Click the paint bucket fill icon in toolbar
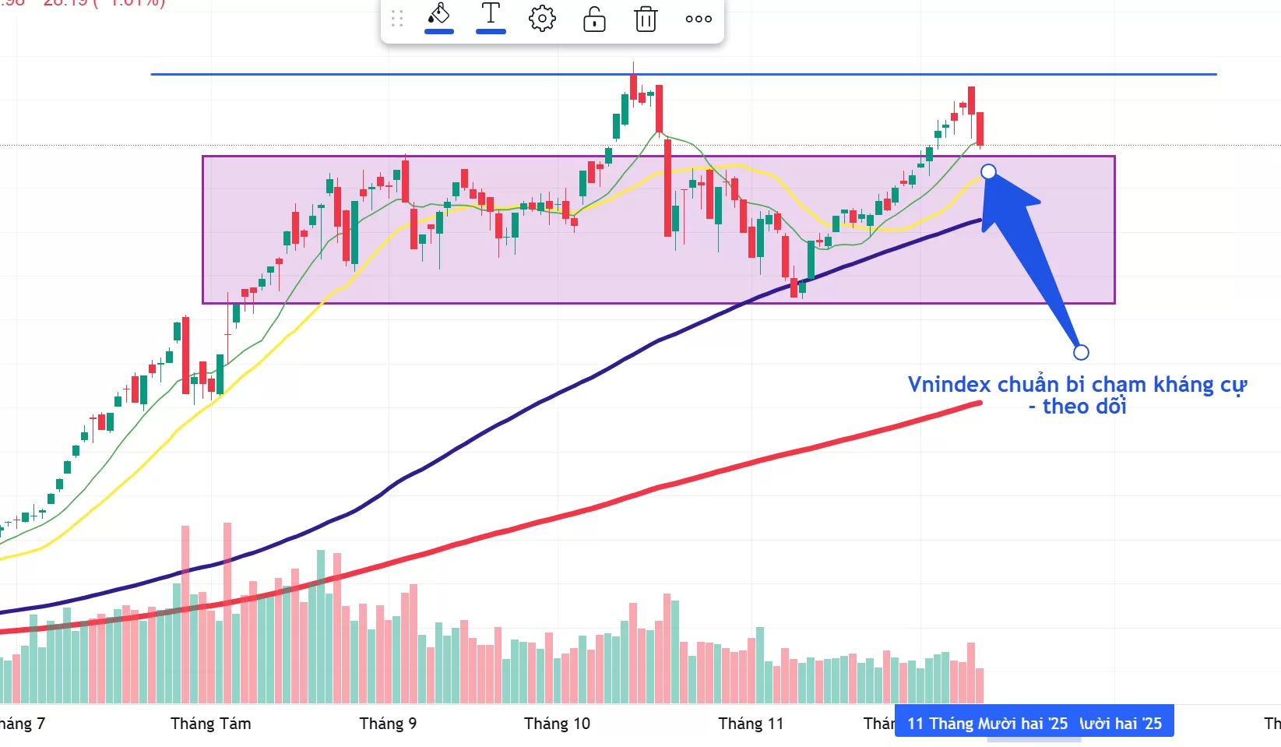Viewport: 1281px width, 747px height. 439,16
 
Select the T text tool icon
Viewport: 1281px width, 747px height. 491,15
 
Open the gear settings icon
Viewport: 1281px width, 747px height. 542,19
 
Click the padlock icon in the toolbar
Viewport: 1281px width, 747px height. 594,19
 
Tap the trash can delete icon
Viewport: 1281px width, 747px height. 646,19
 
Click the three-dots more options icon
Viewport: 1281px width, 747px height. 699,19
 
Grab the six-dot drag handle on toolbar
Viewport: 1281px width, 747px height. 397,19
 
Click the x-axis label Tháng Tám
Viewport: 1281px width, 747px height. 210,724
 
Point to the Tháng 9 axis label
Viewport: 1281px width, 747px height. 388,724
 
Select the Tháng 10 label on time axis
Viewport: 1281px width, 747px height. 557,724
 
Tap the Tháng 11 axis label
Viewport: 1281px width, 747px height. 751,724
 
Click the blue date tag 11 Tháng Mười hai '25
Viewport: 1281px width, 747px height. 987,724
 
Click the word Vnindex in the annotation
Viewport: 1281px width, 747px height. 949,385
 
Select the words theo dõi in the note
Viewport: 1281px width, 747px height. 1084,407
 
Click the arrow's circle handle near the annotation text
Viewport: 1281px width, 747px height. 1081,352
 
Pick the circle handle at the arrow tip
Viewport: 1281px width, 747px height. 988,171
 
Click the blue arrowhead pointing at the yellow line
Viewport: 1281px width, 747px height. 1005,199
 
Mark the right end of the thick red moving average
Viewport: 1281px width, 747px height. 979,403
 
